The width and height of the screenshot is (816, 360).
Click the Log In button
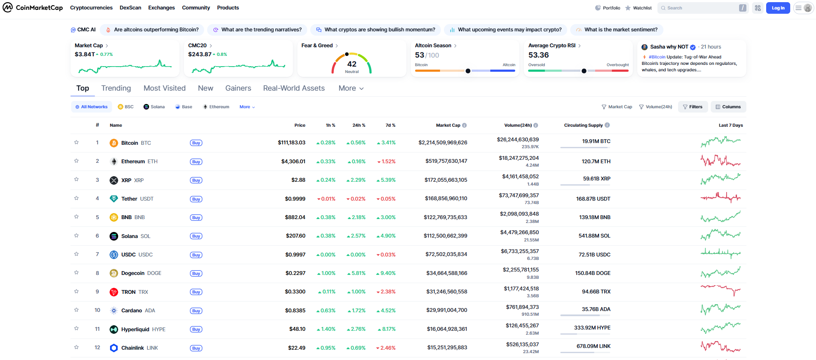[x=777, y=8]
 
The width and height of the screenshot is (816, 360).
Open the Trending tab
[x=116, y=88]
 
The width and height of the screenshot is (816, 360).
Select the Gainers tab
[x=238, y=88]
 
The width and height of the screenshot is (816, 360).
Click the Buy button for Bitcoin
[x=196, y=143]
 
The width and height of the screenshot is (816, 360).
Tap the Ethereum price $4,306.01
[x=293, y=162]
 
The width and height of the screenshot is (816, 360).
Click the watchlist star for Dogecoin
[x=76, y=273]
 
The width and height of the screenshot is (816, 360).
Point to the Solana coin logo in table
[x=114, y=236]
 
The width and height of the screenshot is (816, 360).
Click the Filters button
[x=692, y=107]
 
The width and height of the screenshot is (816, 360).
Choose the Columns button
[x=728, y=107]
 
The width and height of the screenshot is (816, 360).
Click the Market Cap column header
[x=448, y=125]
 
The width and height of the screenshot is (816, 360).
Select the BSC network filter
[x=126, y=107]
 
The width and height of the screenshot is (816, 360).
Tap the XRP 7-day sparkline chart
[x=720, y=179]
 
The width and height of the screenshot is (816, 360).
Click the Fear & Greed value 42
[x=351, y=64]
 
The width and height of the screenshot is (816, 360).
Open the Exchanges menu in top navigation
[x=161, y=8]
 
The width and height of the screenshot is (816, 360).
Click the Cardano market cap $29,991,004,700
[x=446, y=310]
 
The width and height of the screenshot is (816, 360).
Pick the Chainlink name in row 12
[x=132, y=348]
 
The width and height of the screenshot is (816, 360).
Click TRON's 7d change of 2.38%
[x=386, y=292]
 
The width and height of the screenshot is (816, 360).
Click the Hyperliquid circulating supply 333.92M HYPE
[x=592, y=328]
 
